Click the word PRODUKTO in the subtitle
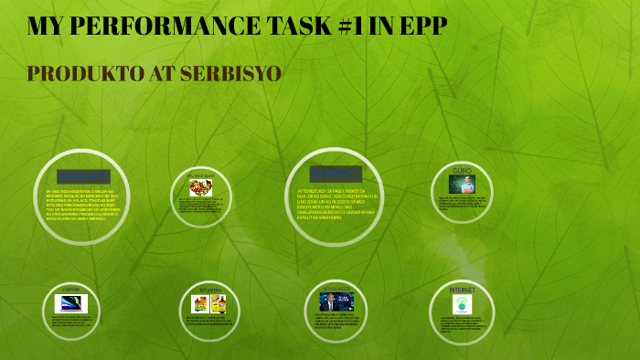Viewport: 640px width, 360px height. (x=81, y=73)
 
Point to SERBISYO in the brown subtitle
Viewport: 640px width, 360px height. (x=229, y=73)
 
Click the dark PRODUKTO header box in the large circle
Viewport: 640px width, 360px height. (x=82, y=175)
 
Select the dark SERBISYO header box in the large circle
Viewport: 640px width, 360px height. (x=335, y=173)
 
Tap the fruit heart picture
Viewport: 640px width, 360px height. (x=200, y=187)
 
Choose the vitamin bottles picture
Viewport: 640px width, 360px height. (x=208, y=304)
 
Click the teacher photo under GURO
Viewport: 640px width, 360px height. (x=462, y=185)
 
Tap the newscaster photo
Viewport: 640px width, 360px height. (x=331, y=302)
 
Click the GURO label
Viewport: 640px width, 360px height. (x=462, y=171)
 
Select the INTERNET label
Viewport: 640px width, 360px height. (x=462, y=290)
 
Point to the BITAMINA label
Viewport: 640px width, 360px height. (x=209, y=291)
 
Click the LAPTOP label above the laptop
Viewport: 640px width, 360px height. (x=71, y=290)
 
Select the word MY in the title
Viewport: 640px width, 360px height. (x=44, y=27)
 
